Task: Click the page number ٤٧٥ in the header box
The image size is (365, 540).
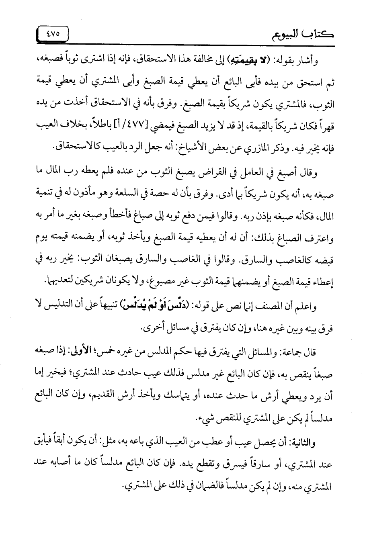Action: pyautogui.click(x=52, y=34)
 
